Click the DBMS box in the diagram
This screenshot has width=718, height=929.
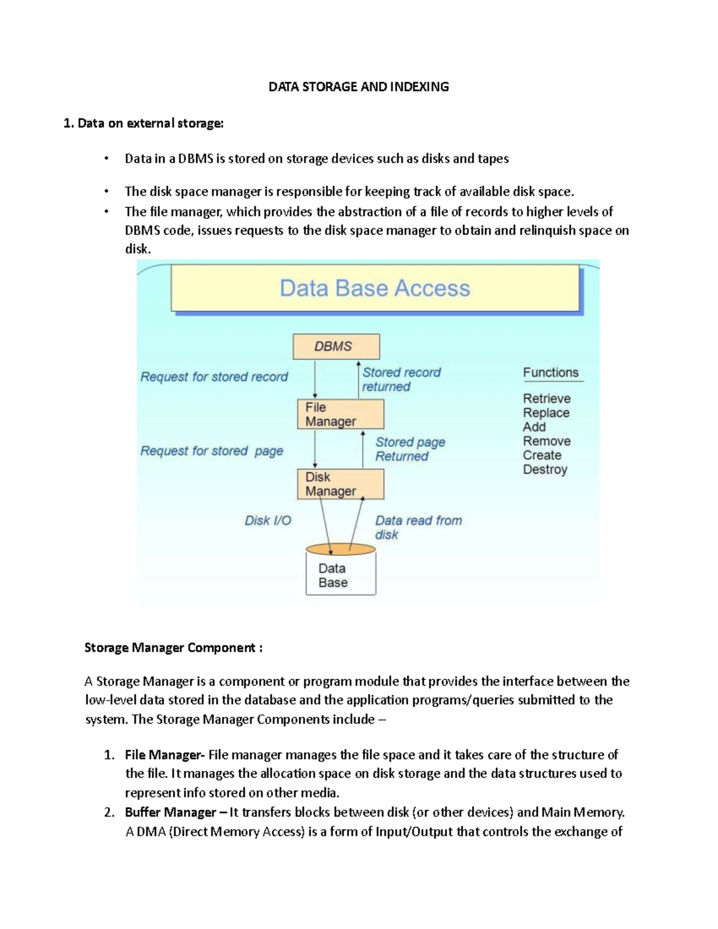336,346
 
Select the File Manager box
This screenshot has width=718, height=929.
340,414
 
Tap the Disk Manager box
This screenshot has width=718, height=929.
340,484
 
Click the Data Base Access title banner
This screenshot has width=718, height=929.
375,288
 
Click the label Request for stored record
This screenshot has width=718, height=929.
214,377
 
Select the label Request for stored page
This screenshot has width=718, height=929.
212,451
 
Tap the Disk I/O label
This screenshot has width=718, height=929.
267,520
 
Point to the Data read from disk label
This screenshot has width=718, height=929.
418,527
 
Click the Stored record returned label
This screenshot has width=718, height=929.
401,379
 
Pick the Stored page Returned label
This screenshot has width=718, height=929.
410,449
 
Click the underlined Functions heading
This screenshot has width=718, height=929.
550,373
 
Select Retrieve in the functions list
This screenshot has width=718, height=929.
546,398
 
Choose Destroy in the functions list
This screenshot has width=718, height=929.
544,470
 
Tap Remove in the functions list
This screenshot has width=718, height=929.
546,441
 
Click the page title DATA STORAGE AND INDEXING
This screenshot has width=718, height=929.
358,87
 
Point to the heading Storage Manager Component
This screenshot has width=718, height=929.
173,648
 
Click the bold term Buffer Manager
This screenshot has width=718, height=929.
170,812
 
